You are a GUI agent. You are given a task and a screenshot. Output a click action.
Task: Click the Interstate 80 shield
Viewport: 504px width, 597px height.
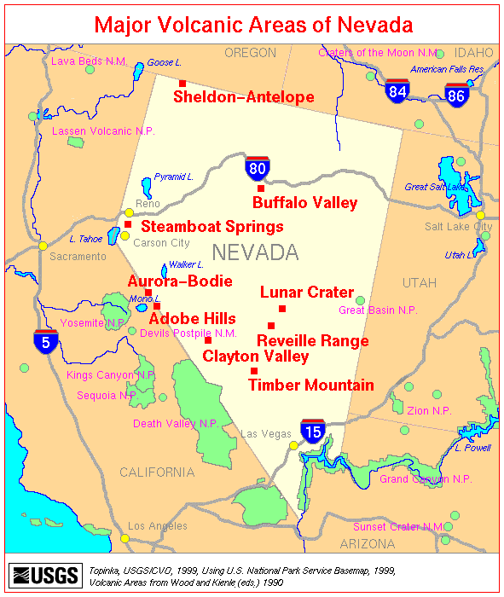pos(258,168)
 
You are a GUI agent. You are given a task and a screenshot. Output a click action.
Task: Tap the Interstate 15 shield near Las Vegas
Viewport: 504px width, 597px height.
pos(313,431)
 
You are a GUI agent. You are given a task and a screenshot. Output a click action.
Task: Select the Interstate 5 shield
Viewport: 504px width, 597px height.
pos(46,341)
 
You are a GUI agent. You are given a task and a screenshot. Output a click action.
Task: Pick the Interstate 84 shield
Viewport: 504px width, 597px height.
pos(397,91)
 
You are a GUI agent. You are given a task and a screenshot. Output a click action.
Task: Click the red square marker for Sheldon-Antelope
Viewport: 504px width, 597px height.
pos(182,83)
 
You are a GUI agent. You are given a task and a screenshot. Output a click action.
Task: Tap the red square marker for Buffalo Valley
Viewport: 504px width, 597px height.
pos(261,188)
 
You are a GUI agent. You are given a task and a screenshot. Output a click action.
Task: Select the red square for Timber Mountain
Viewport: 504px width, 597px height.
pos(254,370)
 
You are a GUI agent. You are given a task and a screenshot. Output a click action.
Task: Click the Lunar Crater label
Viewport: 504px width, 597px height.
pos(307,293)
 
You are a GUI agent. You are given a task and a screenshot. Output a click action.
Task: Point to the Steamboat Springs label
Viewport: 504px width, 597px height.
pos(211,227)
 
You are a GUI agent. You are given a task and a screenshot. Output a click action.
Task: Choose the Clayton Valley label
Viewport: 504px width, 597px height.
pos(256,356)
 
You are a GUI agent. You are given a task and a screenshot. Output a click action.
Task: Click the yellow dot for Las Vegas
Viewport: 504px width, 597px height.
pos(294,444)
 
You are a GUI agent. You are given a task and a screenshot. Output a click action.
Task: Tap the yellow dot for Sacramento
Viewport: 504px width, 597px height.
pos(43,246)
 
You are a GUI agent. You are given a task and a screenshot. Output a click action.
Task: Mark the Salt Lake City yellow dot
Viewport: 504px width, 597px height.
pos(480,215)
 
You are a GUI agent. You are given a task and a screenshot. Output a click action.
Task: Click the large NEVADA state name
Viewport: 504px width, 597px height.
pos(255,252)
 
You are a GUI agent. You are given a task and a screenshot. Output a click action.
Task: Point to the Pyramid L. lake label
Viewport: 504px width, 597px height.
pos(174,177)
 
